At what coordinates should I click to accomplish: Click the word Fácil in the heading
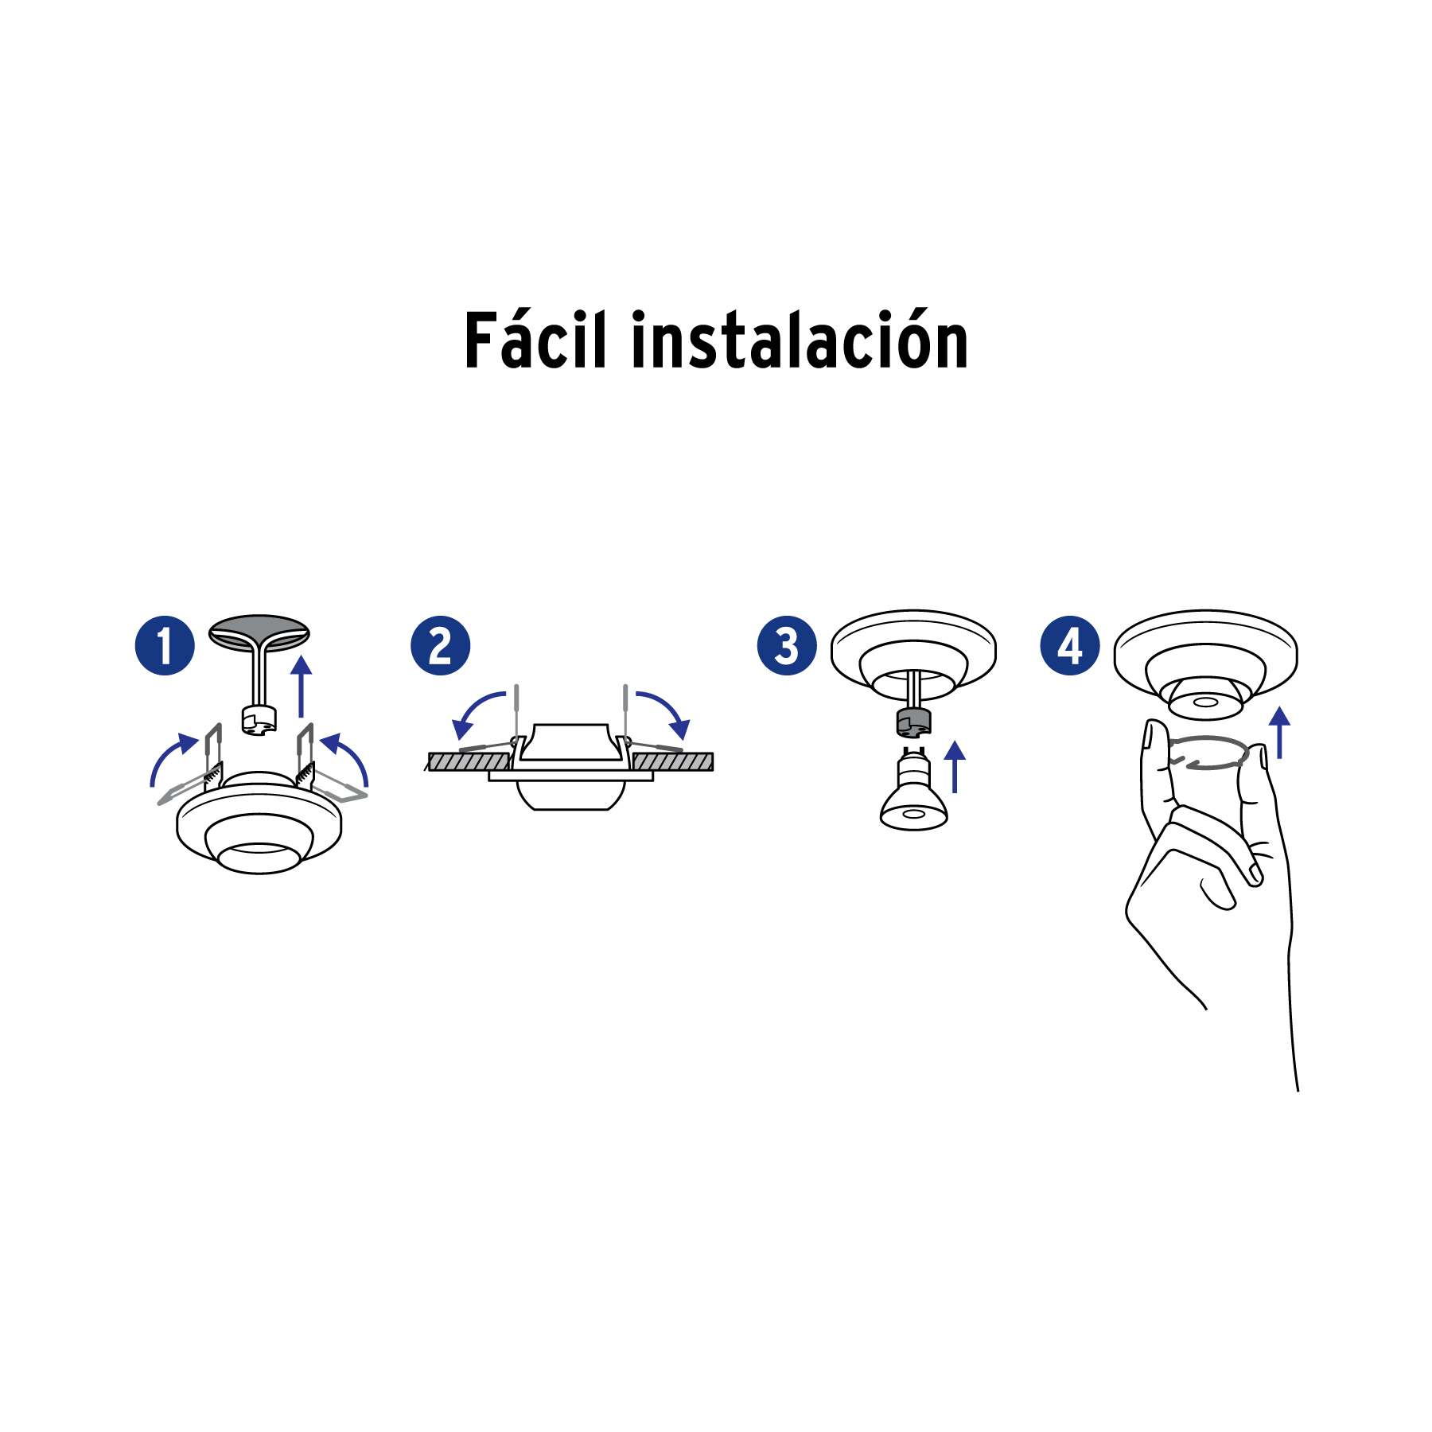pyautogui.click(x=535, y=342)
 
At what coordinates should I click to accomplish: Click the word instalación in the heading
pyautogui.click(x=800, y=342)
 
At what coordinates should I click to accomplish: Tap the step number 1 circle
pyautogui.click(x=165, y=645)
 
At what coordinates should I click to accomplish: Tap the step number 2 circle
pyautogui.click(x=440, y=645)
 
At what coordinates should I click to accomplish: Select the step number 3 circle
pyautogui.click(x=786, y=645)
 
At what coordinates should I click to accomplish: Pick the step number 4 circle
pyautogui.click(x=1069, y=645)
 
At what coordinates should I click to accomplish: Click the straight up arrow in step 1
pyautogui.click(x=301, y=687)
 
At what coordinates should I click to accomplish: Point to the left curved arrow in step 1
pyautogui.click(x=169, y=757)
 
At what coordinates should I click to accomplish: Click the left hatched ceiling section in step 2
pyautogui.click(x=468, y=762)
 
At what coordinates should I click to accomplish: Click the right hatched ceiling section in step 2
pyautogui.click(x=673, y=762)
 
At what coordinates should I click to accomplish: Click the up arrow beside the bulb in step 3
pyautogui.click(x=955, y=766)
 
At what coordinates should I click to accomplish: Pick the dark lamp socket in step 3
pyautogui.click(x=913, y=722)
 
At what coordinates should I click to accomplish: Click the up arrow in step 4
pyautogui.click(x=1278, y=732)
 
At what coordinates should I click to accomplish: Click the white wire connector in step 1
pyautogui.click(x=259, y=719)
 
